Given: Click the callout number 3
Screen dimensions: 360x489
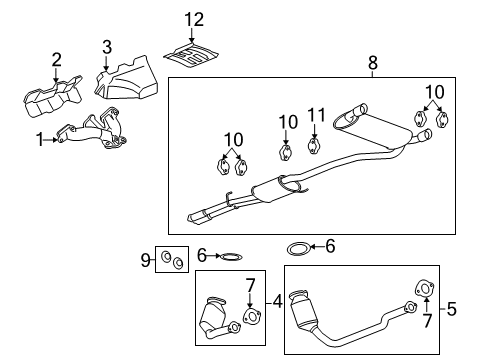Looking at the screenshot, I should [107, 45].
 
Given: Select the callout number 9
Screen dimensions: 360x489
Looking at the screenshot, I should [145, 262].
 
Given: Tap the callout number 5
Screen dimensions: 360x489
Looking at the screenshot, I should [451, 309].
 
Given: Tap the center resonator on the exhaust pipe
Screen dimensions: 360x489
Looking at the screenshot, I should [281, 188].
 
